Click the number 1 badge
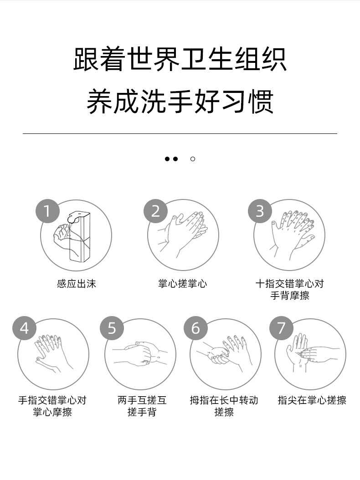point(47,211)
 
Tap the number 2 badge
point(156,211)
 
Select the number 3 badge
point(260,211)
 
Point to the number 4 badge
point(25,328)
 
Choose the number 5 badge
point(112,328)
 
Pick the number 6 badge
point(196,328)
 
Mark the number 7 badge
point(281,328)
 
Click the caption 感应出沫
point(77,284)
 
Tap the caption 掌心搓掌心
point(183,284)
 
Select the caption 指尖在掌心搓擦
point(312,400)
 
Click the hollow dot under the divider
point(193,159)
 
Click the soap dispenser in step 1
point(79,236)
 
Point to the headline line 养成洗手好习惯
point(180,101)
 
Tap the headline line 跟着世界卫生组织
point(180,59)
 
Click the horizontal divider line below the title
point(180,134)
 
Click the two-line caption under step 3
point(290,290)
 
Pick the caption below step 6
point(224,406)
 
